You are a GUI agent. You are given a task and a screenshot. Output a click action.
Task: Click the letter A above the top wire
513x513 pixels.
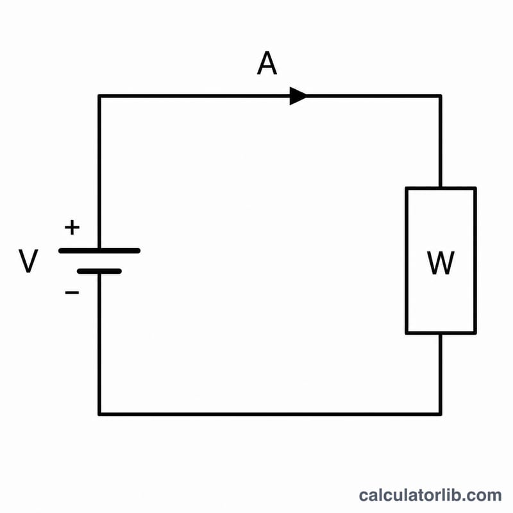point(267,63)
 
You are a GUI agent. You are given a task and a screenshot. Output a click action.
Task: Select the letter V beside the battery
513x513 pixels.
point(28,261)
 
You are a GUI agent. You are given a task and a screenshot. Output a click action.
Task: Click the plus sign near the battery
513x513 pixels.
point(72,228)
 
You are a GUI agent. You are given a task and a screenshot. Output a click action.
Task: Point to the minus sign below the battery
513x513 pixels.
point(72,292)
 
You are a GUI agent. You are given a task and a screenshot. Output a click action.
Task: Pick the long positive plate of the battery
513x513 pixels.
point(99,251)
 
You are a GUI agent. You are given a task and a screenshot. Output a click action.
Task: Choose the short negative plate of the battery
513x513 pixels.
point(99,271)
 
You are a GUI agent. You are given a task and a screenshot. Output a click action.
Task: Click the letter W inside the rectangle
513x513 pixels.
point(441,263)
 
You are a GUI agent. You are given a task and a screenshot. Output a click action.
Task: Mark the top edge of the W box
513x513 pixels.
point(441,188)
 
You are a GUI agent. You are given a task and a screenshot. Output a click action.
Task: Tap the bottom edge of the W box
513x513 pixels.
point(441,333)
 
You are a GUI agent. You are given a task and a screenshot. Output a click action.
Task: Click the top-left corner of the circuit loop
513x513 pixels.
point(99,96)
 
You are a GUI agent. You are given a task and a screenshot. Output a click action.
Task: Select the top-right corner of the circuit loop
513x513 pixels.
point(441,96)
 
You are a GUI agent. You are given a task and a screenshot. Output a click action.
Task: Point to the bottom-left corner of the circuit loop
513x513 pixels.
point(99,414)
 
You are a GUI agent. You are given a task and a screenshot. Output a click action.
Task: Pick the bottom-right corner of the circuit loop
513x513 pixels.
point(441,414)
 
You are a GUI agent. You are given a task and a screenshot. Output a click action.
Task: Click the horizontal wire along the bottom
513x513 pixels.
point(270,414)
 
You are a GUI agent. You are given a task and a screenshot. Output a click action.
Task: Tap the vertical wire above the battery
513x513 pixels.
point(99,172)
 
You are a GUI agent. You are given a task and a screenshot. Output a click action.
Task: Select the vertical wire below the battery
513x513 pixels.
point(99,344)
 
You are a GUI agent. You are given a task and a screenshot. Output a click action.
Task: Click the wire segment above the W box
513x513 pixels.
point(441,141)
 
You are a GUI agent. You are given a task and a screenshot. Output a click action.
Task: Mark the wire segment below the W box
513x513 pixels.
point(441,374)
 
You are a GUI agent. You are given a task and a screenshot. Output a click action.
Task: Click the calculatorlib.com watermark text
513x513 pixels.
point(430,495)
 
